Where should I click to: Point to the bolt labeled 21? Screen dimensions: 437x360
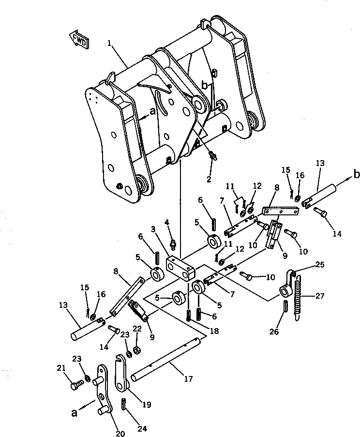[x=75, y=385]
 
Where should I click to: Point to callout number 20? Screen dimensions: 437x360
[x=120, y=434]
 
